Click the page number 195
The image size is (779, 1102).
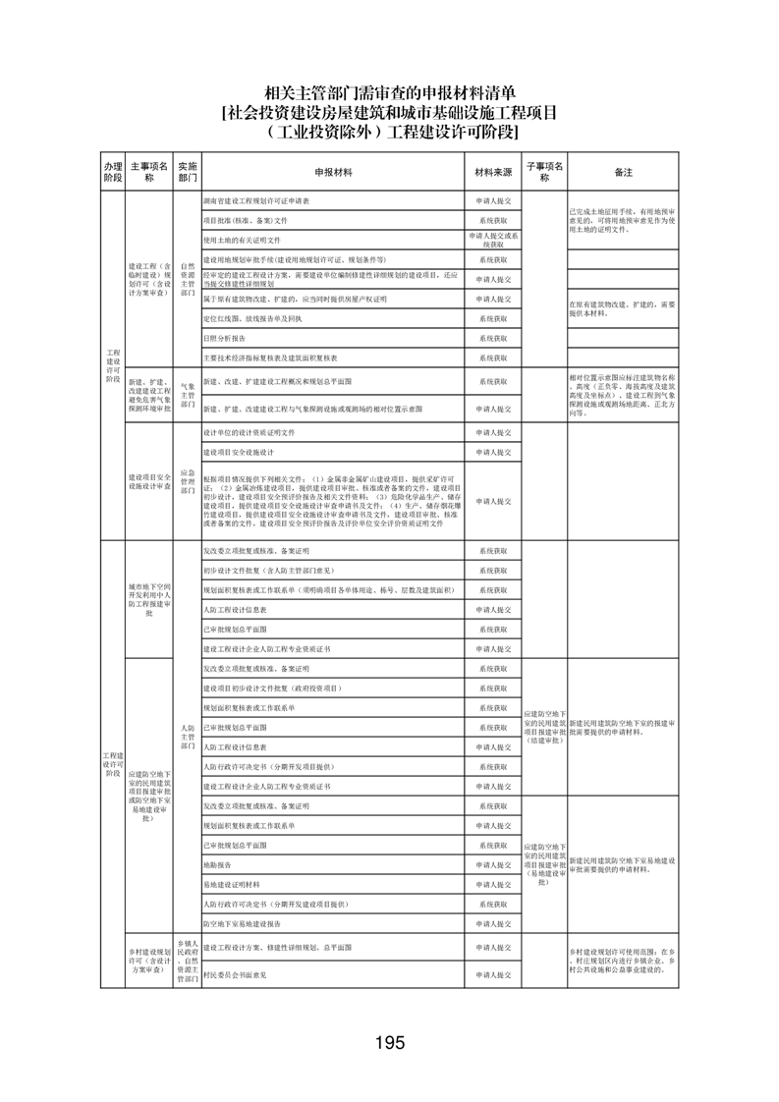coord(389,1042)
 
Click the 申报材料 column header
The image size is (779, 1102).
coord(334,172)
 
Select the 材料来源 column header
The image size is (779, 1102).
coord(493,172)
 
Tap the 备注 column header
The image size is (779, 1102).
coord(623,172)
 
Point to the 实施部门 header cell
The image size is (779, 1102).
coord(187,172)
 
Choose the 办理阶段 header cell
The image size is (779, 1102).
coord(113,172)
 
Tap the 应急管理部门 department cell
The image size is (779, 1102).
coord(187,482)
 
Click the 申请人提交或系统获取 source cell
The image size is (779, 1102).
coord(493,240)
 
